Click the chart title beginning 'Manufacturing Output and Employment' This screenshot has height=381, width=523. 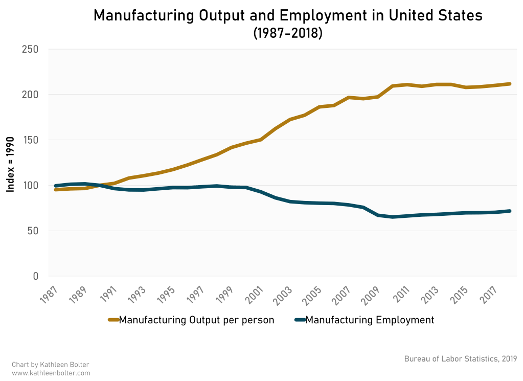click(x=288, y=16)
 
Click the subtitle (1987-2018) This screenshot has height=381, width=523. click(x=288, y=33)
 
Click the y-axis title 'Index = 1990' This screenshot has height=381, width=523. click(x=10, y=163)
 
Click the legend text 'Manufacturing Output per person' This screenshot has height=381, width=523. click(x=196, y=320)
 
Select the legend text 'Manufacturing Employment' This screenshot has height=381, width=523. click(x=369, y=320)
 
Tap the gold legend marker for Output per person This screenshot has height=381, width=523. click(x=113, y=320)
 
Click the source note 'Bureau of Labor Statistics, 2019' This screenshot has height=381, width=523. click(x=460, y=358)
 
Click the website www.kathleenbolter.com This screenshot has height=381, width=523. click(x=50, y=373)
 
